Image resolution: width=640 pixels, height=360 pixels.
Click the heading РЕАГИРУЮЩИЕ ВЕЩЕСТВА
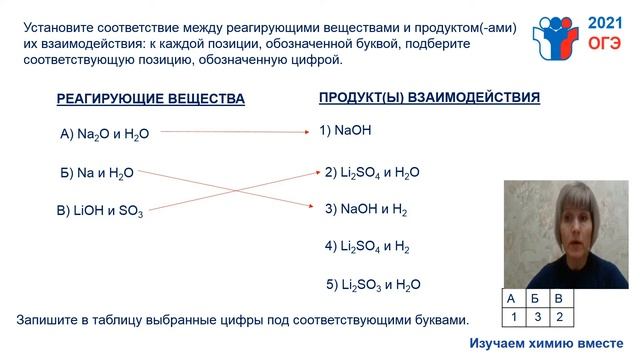[x=150, y=99]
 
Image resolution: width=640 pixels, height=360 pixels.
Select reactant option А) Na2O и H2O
[x=104, y=135]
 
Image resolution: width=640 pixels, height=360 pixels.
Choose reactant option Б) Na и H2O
[x=97, y=173]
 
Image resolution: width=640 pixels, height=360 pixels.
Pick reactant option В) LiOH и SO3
[x=100, y=211]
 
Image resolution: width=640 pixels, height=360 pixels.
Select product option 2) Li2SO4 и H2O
[x=372, y=172]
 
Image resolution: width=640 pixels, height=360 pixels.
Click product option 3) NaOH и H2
[x=366, y=210]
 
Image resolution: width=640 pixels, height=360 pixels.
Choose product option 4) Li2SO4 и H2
[x=367, y=246]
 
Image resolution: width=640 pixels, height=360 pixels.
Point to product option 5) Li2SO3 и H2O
[x=374, y=284]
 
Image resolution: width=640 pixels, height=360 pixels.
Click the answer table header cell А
[x=511, y=299]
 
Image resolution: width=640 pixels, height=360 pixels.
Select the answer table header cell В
[x=560, y=299]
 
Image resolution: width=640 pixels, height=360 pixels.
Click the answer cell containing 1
[x=511, y=317]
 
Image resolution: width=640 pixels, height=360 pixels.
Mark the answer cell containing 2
[x=560, y=317]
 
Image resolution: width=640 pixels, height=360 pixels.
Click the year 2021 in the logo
[x=603, y=22]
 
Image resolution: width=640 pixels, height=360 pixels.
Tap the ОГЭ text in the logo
[x=603, y=44]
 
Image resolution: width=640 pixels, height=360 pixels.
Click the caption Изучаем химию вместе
[x=553, y=343]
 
